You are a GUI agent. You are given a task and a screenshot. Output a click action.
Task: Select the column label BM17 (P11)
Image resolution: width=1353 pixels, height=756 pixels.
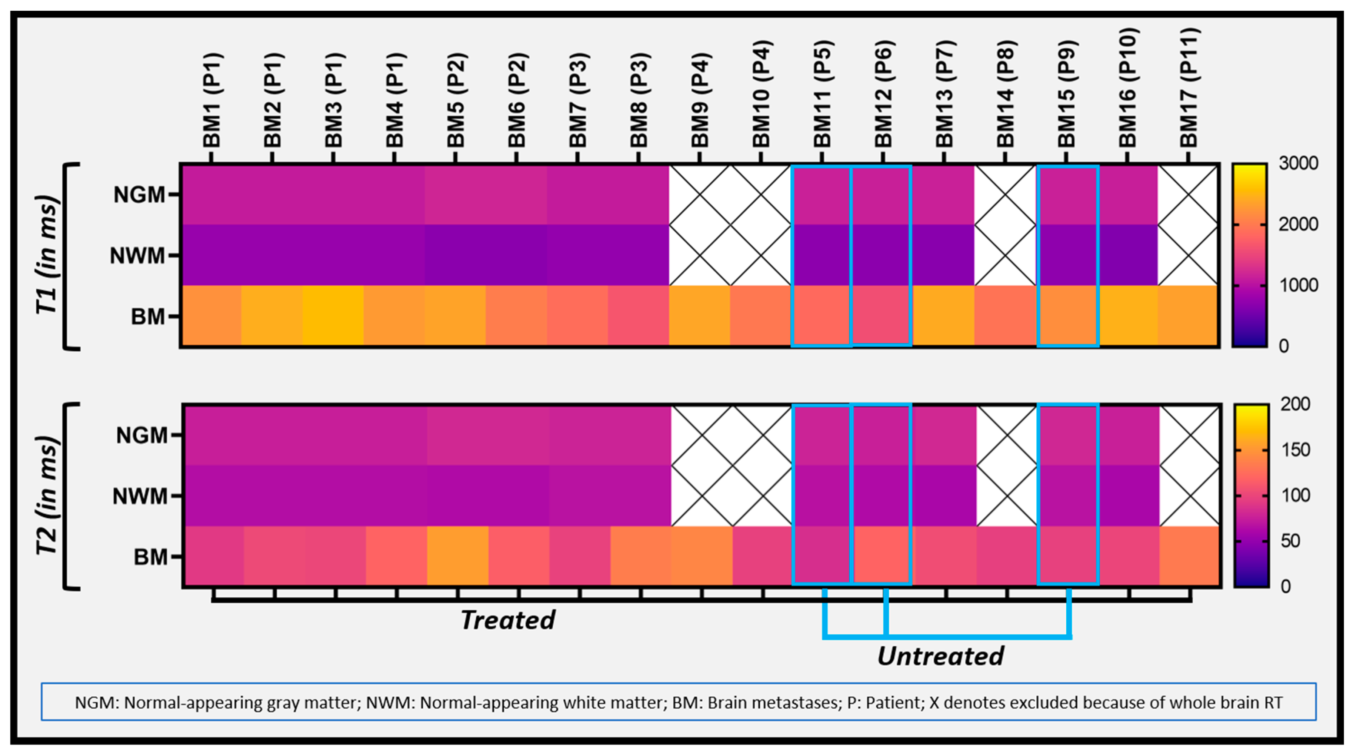[x=1189, y=88]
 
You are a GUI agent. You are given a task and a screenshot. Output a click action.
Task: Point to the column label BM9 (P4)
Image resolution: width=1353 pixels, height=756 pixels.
[x=700, y=100]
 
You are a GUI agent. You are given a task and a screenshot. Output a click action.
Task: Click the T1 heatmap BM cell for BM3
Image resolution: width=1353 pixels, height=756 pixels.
[x=333, y=316]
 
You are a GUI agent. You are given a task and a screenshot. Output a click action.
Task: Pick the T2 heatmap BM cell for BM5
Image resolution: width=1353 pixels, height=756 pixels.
[x=457, y=555]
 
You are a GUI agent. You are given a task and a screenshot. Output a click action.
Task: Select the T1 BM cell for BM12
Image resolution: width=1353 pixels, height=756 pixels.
[x=882, y=315]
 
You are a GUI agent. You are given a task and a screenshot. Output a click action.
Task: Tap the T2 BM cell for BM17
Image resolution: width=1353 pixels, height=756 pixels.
[x=1190, y=555]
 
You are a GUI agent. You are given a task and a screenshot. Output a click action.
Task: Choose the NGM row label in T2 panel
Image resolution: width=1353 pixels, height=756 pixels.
[x=141, y=435]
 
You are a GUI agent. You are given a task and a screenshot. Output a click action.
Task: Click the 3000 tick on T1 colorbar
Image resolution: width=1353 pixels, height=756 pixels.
[x=1298, y=163]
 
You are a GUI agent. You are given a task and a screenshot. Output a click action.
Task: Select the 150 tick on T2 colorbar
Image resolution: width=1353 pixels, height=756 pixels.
[x=1295, y=450]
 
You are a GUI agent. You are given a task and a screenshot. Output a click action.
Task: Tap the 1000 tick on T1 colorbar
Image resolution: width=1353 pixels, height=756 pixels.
[x=1298, y=285]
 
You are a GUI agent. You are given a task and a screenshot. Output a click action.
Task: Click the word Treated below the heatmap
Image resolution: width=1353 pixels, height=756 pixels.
[x=508, y=620]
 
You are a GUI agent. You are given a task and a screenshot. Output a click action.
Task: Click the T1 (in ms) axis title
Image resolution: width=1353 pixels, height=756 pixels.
[x=47, y=255]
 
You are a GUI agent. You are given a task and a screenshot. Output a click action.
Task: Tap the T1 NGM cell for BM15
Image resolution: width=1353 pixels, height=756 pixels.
[x=1068, y=195]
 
